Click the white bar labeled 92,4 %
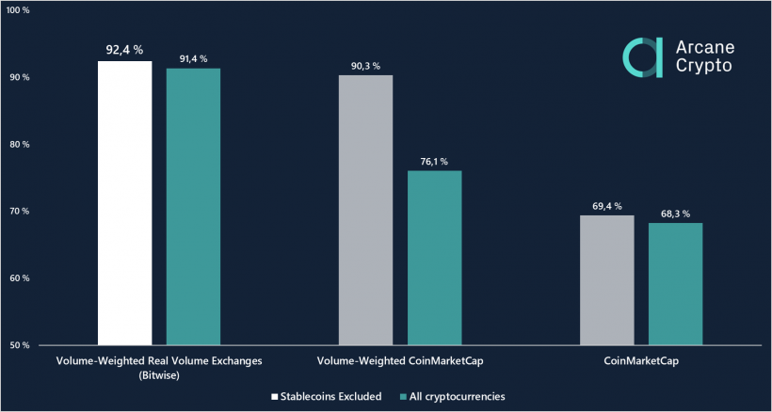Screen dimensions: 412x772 click(x=124, y=202)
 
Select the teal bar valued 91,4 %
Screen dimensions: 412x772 click(x=193, y=206)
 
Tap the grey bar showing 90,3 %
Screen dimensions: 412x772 click(x=365, y=210)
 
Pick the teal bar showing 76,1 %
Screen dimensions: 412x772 click(x=434, y=258)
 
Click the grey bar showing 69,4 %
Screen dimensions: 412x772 click(x=606, y=280)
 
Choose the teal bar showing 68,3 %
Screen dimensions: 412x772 click(x=675, y=284)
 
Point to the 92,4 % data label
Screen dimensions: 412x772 click(x=124, y=50)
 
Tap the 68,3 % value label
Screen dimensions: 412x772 click(x=675, y=214)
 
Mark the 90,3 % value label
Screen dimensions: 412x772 click(x=365, y=66)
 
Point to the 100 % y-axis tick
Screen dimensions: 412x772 click(x=18, y=10)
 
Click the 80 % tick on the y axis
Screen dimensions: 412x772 click(x=20, y=144)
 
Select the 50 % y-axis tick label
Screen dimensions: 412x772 click(x=20, y=345)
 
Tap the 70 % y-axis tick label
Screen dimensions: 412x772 click(x=20, y=211)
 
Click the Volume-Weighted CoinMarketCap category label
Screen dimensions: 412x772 click(x=399, y=361)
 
